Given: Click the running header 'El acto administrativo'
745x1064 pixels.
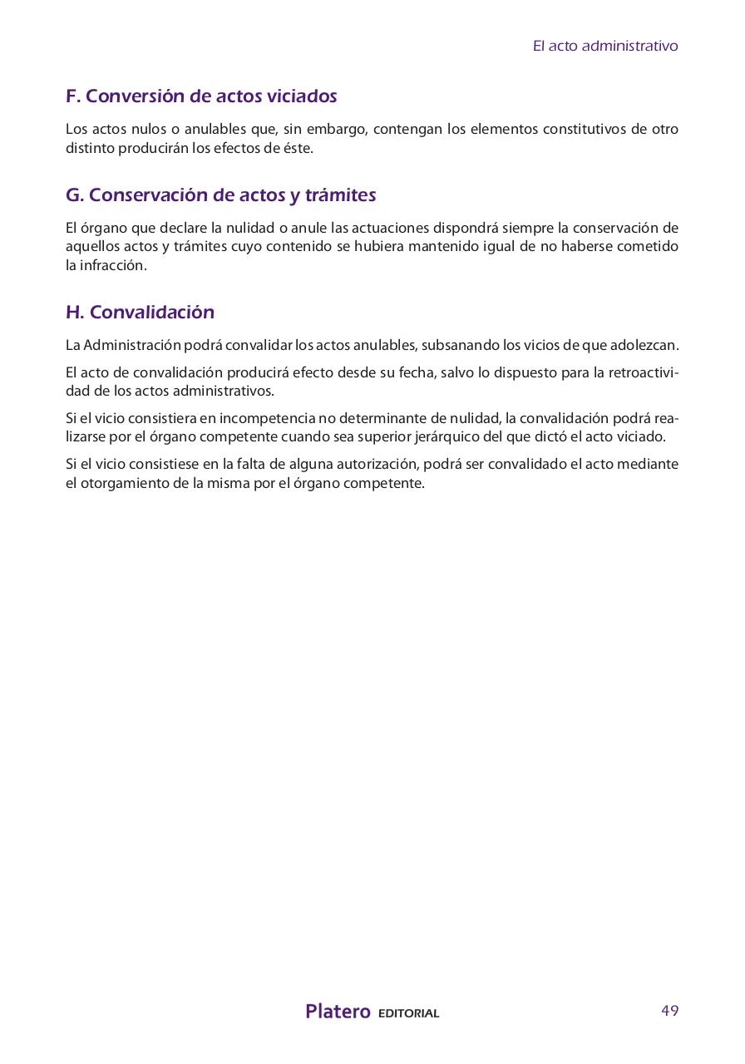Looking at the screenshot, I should click(605, 46).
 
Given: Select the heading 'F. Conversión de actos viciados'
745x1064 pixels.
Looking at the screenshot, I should click(201, 96).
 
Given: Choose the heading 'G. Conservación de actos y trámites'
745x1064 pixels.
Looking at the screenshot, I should click(220, 195).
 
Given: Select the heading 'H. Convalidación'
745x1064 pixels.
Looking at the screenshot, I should click(140, 313).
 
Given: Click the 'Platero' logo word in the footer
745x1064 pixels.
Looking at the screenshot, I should click(338, 1012).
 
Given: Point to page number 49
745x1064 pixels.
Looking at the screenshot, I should click(669, 1011).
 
